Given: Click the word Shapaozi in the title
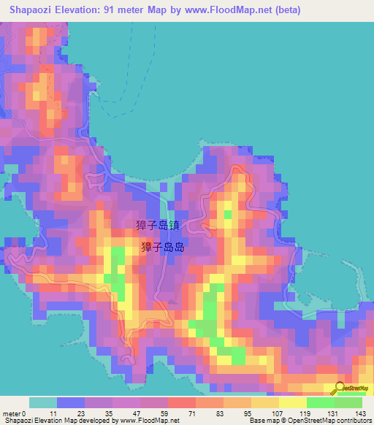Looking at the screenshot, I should point(32,10).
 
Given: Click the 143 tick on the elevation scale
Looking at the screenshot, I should point(359,413).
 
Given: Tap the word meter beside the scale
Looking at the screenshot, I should point(12,413).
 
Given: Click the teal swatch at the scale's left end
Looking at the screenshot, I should point(43,402).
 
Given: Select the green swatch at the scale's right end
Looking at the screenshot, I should point(348,402).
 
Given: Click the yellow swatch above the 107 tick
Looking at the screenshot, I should point(265,402).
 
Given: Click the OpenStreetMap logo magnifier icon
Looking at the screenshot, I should point(340,388).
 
